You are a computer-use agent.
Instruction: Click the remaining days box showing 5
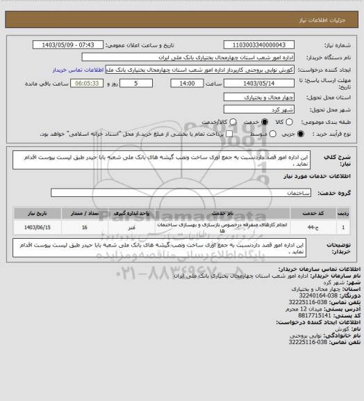coord(133,84)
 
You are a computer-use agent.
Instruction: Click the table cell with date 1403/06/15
coord(40,227)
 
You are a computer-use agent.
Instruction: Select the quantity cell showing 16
coord(85,227)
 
